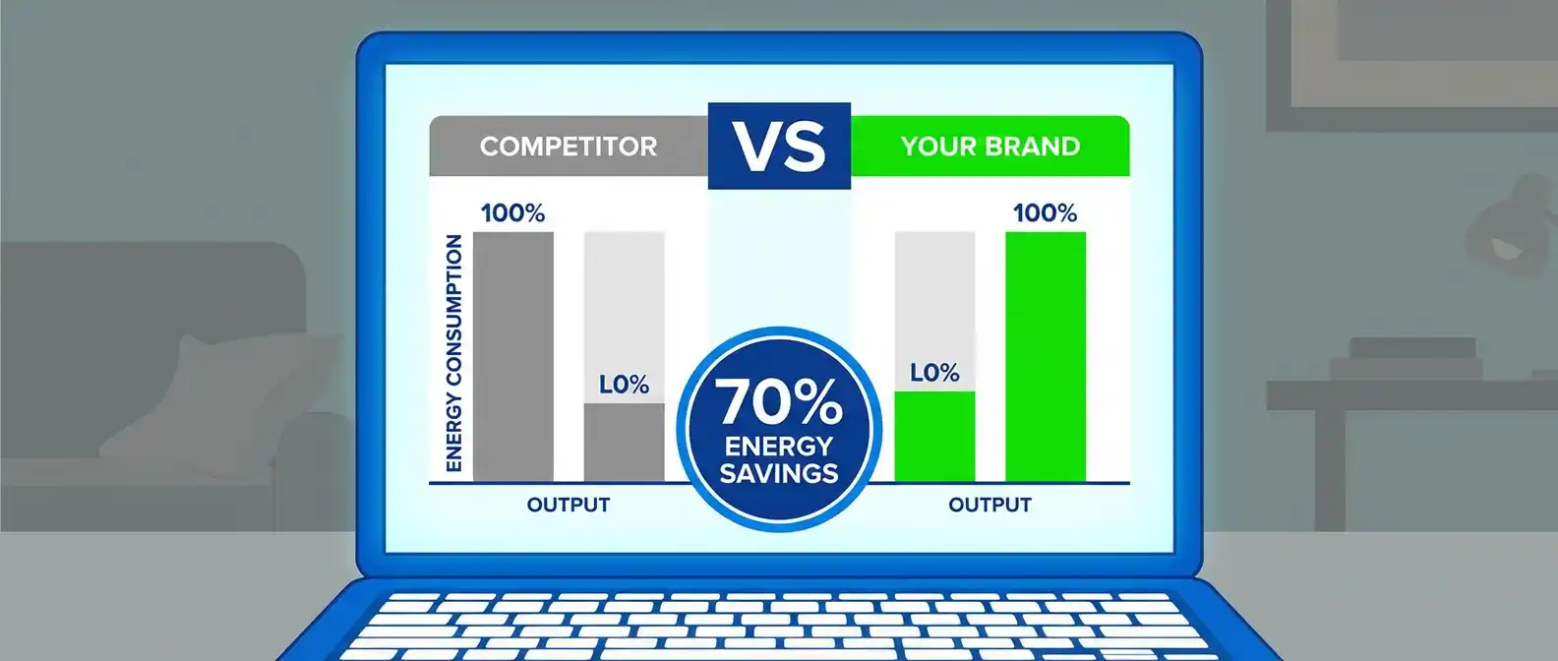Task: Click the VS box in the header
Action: point(779,147)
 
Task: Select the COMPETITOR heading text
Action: point(569,147)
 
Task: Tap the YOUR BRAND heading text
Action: point(990,147)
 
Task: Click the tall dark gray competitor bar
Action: point(513,356)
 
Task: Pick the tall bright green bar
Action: point(1046,356)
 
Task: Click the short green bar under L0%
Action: point(934,437)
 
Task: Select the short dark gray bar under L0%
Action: point(624,443)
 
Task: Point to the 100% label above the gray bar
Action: point(513,212)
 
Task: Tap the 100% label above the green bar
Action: point(1046,212)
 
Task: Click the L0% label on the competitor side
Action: point(624,385)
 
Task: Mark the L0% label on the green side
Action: point(934,373)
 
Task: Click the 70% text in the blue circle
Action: point(778,402)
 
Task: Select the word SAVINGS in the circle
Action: point(779,474)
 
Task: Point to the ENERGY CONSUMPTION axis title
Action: point(453,353)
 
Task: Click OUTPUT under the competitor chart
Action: point(569,505)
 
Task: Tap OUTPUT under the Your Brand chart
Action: point(989,505)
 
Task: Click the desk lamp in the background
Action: point(1509,226)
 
